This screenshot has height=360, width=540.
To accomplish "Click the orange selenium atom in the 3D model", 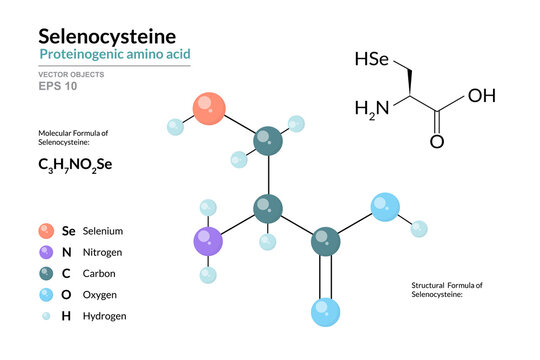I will pos(209,108).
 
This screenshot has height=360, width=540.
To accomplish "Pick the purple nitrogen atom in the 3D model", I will pos(208,241).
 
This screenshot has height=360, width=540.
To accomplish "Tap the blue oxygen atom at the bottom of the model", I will pos(326,311).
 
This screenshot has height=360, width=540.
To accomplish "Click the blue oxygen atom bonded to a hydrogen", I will pos(384,207).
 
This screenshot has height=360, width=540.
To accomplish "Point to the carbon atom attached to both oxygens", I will pos(325,241).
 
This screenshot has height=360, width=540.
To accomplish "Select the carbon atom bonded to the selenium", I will pos(267,141).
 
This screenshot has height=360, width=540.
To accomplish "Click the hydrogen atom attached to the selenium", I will pos(175,127).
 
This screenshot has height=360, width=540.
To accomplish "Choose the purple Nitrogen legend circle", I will pos(45,252).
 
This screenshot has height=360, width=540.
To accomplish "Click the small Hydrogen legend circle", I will pos(45,315).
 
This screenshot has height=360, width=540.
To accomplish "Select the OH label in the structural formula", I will pos(482,96).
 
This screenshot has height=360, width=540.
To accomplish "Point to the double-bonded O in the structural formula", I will pos(437,141).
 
